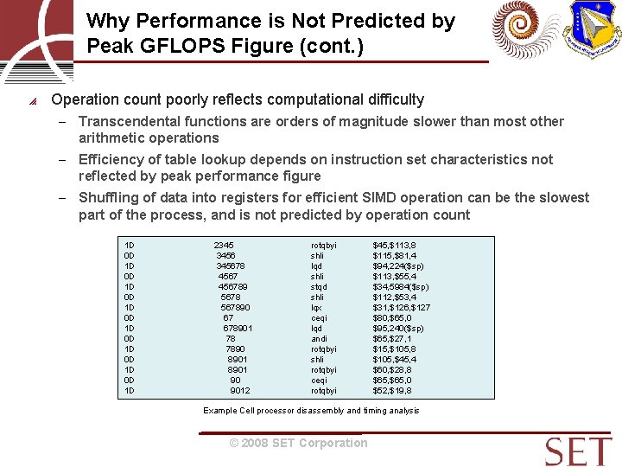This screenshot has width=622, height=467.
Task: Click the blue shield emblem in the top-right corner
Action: (593, 29)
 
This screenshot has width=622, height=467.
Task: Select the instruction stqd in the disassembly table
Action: (319, 287)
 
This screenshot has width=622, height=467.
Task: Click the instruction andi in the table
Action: (319, 339)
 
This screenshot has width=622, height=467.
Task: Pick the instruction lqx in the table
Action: (316, 308)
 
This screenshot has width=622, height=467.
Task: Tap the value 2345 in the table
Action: (224, 246)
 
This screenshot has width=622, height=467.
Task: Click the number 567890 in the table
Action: (235, 308)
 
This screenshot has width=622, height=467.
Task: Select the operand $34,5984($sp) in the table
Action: (401, 287)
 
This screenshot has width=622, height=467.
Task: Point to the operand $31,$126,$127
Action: (402, 308)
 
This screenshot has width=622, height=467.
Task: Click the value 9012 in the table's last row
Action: (239, 391)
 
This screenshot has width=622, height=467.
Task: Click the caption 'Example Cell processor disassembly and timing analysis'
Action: (311, 411)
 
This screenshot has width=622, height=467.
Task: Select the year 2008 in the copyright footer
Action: (255, 444)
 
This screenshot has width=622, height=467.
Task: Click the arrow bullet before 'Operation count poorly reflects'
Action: (32, 101)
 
